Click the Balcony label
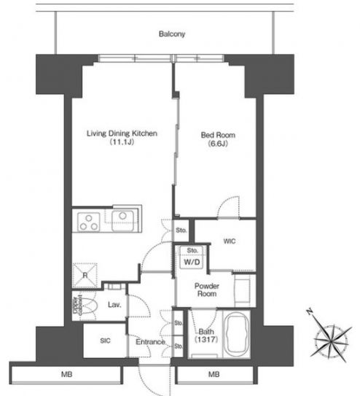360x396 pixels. point(172,34)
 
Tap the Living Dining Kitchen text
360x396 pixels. point(122,133)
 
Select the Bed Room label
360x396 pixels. point(218,135)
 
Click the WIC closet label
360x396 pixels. point(230,241)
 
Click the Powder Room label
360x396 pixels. point(207,290)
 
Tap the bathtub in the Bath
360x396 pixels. point(237,335)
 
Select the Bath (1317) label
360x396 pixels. point(206,335)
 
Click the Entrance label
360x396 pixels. point(150,342)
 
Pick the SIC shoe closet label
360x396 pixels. point(105,341)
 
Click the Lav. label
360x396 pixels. point(114,305)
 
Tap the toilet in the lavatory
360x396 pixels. point(84,306)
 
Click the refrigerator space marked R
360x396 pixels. point(85,275)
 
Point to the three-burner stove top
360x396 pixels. point(89,222)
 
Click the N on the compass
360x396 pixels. point(309,312)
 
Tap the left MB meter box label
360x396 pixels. point(66,374)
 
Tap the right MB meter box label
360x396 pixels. point(214,374)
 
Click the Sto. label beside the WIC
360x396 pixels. point(181,230)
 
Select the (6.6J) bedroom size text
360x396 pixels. point(218,144)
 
